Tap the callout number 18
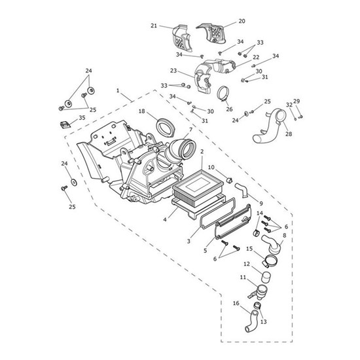tap(141, 112)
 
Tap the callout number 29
tap(297, 101)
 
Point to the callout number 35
tap(82, 118)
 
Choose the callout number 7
tap(190, 130)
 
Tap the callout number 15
tap(249, 249)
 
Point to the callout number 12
tap(247, 264)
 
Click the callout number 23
tap(173, 71)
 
